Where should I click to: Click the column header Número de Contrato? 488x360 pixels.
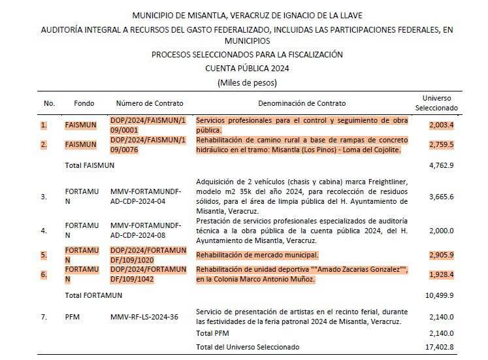tap(150, 103)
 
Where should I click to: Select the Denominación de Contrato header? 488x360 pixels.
tap(302, 103)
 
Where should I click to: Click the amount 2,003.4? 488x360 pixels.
tap(442, 125)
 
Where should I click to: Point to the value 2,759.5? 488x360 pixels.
tap(442, 144)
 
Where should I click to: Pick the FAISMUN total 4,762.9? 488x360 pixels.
tap(442, 165)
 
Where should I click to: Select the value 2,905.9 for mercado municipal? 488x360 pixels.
tap(442, 254)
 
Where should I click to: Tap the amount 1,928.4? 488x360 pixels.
tap(442, 275)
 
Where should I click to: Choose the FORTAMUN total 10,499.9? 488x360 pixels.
tap(440, 295)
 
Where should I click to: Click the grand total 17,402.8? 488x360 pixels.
tap(440, 346)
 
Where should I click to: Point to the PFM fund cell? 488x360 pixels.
tap(73, 317)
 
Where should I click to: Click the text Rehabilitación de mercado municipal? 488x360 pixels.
tap(257, 254)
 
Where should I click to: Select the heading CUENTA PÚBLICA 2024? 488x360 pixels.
tap(247, 68)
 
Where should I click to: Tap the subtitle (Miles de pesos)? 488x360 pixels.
tap(247, 82)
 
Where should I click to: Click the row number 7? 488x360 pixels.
tap(44, 317)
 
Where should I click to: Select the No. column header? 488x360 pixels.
tap(49, 103)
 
